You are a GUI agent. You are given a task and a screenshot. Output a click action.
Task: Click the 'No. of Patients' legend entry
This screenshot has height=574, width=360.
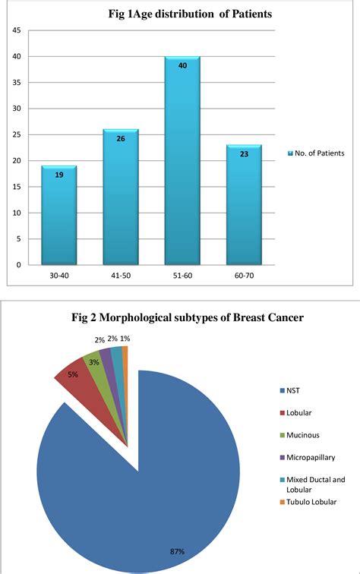pos(316,153)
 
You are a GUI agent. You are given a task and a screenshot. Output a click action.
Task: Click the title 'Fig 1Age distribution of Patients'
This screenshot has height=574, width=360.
pos(180,13)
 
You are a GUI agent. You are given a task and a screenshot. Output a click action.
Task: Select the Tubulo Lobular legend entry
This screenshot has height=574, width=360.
pos(312,501)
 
